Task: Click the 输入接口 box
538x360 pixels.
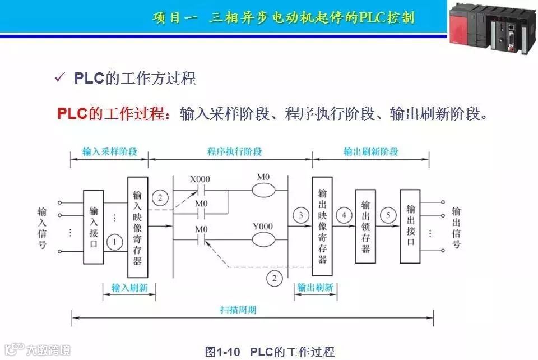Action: click(94, 227)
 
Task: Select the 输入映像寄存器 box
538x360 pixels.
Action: click(137, 227)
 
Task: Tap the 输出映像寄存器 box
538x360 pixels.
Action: click(322, 226)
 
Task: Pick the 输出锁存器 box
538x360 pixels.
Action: click(365, 226)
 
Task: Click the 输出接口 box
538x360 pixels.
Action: click(410, 226)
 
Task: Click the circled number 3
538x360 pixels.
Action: click(301, 215)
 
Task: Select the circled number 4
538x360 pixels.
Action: click(344, 215)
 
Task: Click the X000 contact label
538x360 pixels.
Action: click(200, 179)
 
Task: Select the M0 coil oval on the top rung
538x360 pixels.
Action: click(263, 190)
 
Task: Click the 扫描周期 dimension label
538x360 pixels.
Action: click(238, 310)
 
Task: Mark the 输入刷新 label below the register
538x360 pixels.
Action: click(129, 288)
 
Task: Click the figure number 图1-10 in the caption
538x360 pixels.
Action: click(222, 352)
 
